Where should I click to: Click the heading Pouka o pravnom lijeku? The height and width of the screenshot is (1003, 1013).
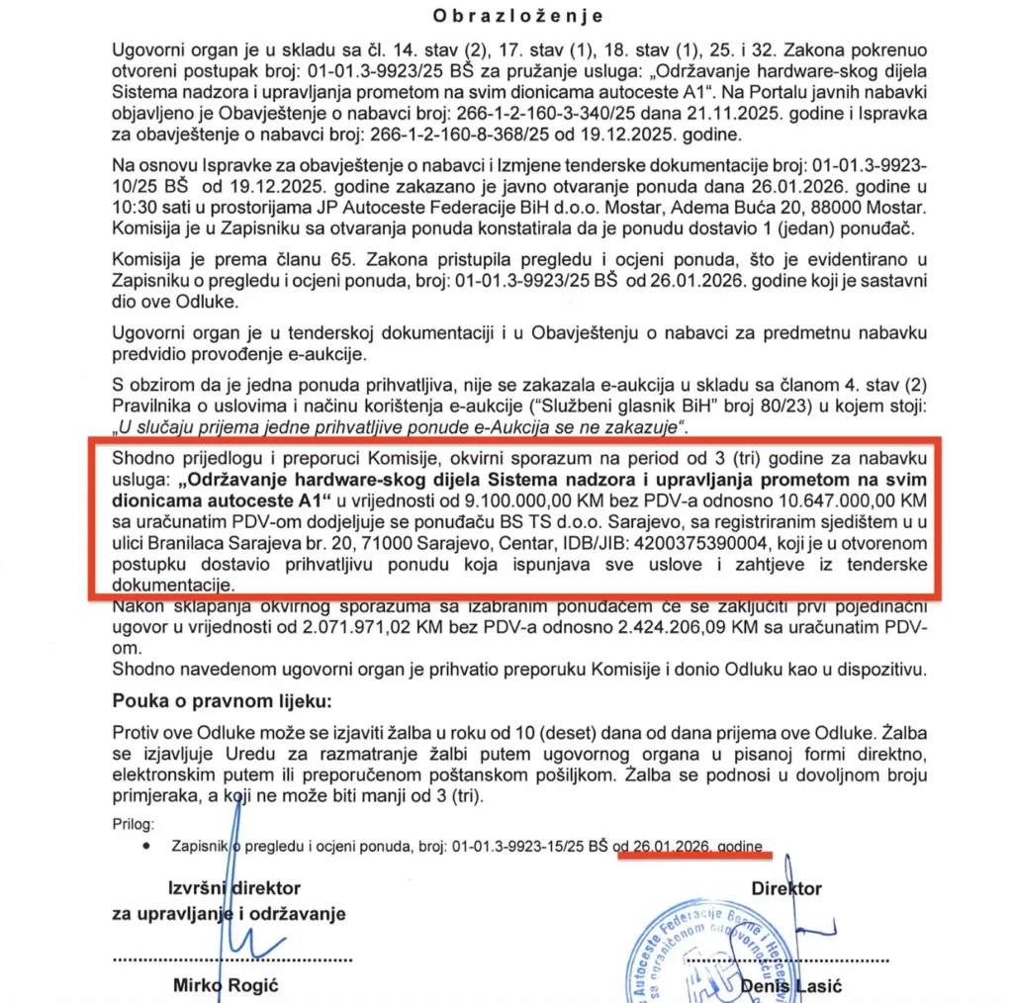pos(223,701)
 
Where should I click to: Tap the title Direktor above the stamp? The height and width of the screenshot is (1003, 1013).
pos(786,888)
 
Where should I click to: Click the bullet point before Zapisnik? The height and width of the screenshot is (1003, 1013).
pos(146,848)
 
